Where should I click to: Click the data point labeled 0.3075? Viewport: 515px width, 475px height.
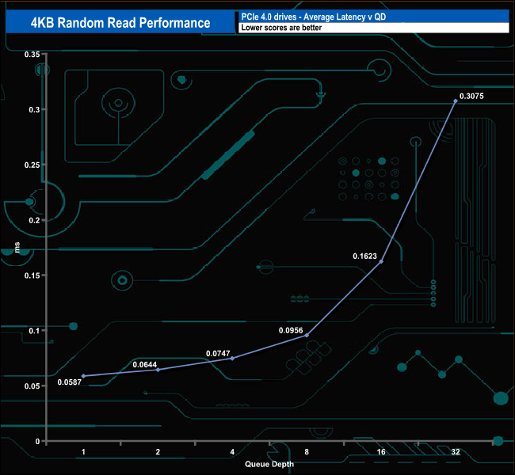[455, 101]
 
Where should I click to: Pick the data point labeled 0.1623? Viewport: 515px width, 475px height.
[381, 260]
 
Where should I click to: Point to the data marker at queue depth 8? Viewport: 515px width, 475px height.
[307, 335]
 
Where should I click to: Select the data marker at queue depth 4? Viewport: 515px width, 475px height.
[232, 358]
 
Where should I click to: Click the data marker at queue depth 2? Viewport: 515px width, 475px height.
[158, 370]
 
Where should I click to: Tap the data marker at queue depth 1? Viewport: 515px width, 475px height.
[83, 376]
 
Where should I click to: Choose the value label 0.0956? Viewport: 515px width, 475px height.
[291, 329]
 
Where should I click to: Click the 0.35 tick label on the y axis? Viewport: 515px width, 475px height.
[32, 55]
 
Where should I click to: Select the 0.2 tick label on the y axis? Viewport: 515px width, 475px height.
[35, 220]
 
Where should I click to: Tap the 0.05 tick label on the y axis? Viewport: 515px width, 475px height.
[32, 386]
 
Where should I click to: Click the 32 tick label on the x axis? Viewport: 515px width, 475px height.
[455, 452]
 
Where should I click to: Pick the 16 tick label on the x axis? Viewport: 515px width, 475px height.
[380, 452]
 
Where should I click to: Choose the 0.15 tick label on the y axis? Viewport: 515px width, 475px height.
[32, 275]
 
